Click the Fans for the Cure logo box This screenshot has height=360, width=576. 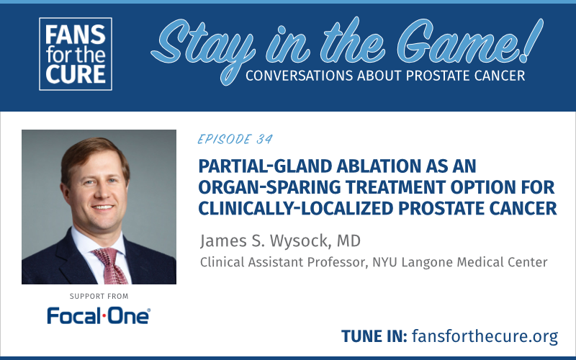pos(76,54)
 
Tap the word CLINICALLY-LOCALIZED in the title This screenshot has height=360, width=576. pos(296,208)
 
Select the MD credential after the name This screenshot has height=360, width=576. pos(348,241)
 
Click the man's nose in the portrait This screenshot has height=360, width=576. pos(98,191)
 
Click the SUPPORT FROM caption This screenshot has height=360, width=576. pos(99,296)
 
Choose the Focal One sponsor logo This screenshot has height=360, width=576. pos(99,316)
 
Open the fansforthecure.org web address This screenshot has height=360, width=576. pos(485,336)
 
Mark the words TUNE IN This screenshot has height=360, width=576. pos(374,336)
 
